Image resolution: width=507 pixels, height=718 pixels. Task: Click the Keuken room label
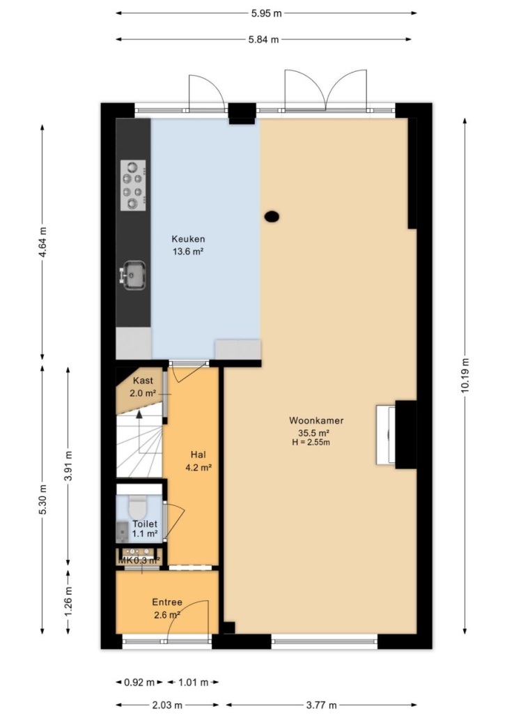[x=188, y=238]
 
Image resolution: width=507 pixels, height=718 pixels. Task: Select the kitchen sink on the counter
[x=133, y=275]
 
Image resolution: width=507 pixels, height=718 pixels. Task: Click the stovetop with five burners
[x=133, y=185]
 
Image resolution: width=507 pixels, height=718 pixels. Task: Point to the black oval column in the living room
[x=272, y=216]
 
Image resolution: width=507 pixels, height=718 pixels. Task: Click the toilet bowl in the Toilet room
[x=136, y=507]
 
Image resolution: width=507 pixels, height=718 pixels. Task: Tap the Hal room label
[x=198, y=455]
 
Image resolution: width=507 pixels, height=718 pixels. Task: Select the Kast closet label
[x=143, y=381]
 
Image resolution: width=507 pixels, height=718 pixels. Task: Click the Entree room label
[x=167, y=602]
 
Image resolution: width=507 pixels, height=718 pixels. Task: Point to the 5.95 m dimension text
[x=266, y=13]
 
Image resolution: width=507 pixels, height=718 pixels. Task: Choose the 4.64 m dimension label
[x=42, y=241]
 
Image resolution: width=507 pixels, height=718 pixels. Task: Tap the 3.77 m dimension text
[x=321, y=705]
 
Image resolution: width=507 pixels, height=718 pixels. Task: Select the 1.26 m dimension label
[x=68, y=601]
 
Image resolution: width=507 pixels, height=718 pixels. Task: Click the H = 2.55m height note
[x=311, y=443]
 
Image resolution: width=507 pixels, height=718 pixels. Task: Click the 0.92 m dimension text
[x=139, y=682]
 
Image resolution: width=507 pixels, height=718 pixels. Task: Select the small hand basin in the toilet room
[x=122, y=531]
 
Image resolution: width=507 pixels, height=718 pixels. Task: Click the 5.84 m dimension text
[x=263, y=39]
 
